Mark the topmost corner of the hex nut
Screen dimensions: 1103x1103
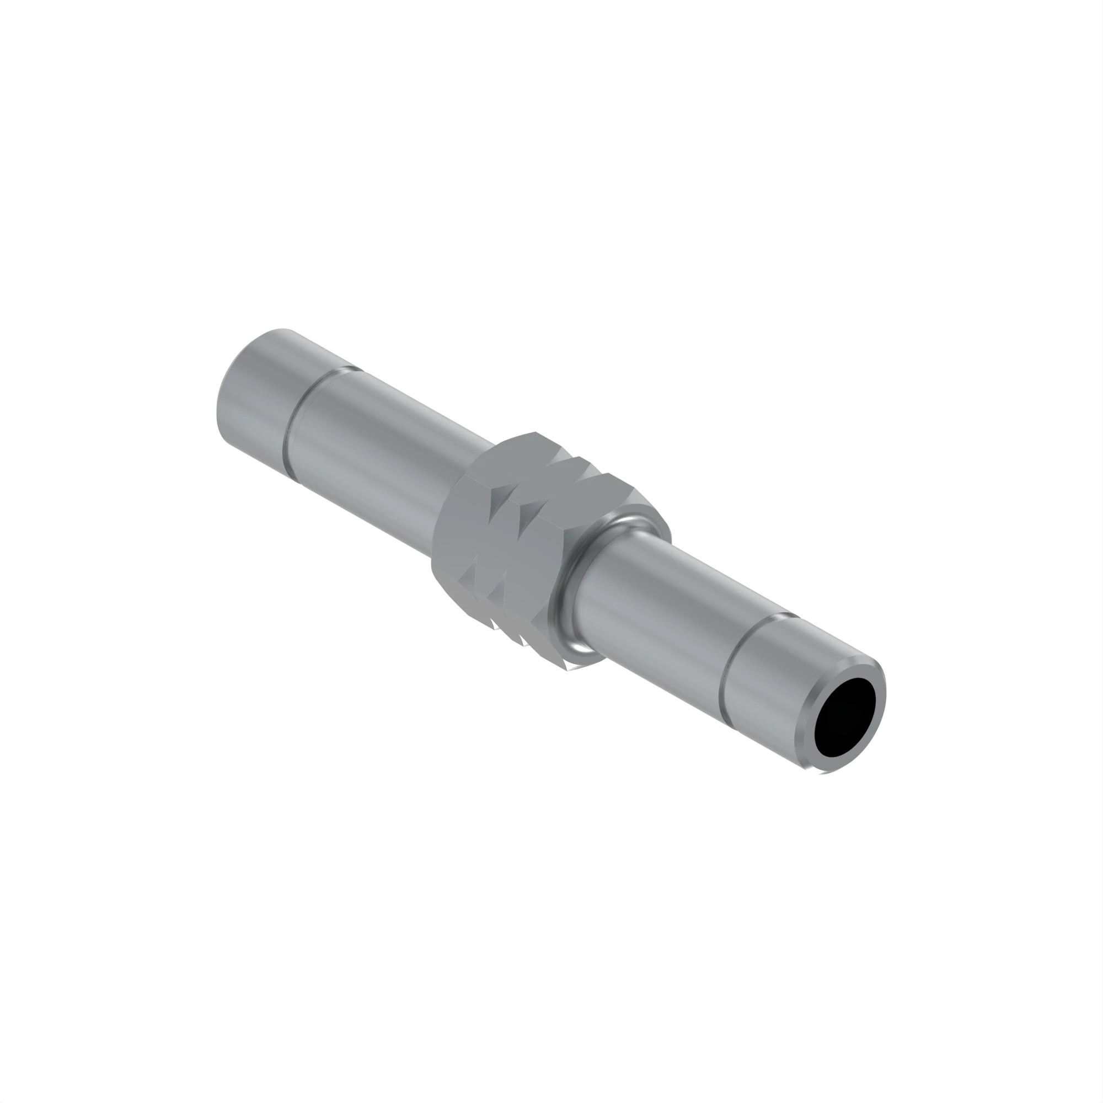(x=535, y=432)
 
